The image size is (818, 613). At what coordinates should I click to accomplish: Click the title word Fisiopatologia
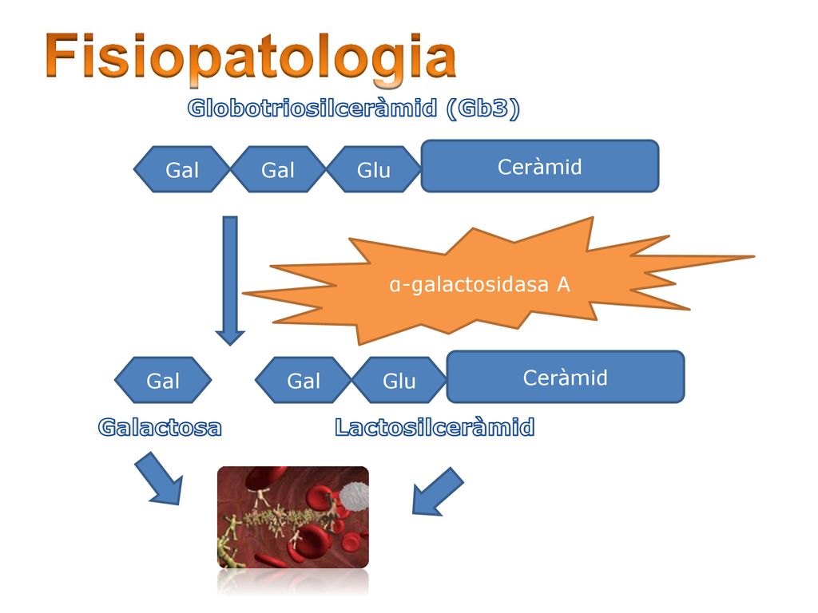[251, 57]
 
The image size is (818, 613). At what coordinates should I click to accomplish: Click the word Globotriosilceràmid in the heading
[312, 108]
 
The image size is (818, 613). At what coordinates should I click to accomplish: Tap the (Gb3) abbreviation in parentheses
[483, 109]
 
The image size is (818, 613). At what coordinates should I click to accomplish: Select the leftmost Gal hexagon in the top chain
[182, 169]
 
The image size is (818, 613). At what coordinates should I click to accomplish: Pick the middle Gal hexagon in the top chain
[278, 169]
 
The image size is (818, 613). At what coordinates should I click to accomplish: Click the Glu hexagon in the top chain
[374, 169]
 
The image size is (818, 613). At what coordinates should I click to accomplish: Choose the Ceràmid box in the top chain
[540, 166]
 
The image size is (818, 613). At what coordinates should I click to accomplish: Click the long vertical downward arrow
[230, 280]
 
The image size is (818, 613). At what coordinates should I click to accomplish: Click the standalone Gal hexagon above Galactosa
[163, 380]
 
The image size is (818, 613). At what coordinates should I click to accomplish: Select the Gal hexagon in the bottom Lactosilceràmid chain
[304, 380]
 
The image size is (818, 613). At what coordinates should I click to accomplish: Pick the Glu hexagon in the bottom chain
[399, 380]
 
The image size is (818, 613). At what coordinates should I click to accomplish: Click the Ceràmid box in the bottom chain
[566, 377]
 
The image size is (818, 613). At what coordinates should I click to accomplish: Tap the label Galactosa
[160, 428]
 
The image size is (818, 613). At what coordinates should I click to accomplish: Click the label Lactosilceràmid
[435, 428]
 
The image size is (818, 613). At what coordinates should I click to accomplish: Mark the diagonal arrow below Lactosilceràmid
[437, 492]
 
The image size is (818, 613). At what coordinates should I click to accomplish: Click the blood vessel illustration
[293, 517]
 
